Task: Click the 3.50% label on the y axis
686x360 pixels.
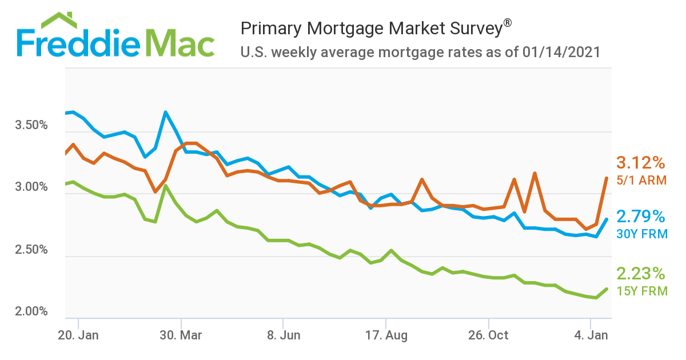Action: [x=31, y=125]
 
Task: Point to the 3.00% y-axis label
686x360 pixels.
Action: [x=31, y=187]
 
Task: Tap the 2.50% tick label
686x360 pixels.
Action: [x=31, y=250]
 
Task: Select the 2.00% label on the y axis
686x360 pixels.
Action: [x=31, y=311]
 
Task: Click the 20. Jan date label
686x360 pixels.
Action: [x=78, y=335]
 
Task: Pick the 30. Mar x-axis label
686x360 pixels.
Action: [x=181, y=335]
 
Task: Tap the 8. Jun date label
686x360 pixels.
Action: [x=284, y=335]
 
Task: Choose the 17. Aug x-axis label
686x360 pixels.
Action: [x=386, y=335]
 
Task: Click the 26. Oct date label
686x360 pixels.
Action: [x=489, y=335]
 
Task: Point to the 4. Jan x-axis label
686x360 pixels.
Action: [x=591, y=335]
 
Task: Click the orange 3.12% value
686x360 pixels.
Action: [x=640, y=163]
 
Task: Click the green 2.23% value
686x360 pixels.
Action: [x=640, y=273]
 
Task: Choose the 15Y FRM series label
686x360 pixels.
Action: [x=641, y=290]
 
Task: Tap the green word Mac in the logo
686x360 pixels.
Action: [x=178, y=43]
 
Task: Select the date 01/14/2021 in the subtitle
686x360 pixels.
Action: [x=561, y=53]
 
